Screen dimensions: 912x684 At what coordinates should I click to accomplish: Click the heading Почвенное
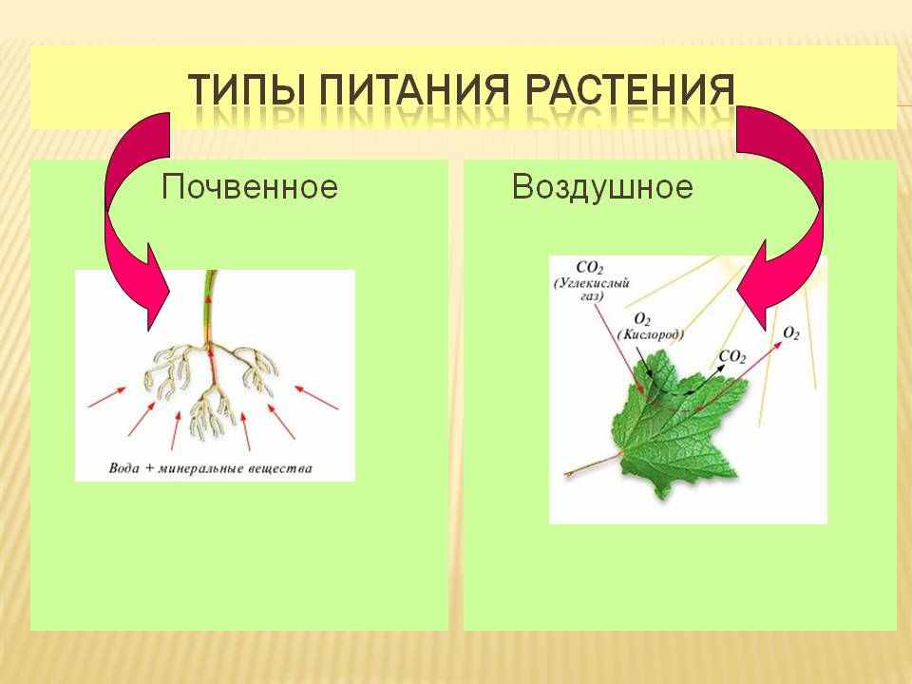click(250, 187)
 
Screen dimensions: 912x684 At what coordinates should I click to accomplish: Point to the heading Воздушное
click(602, 187)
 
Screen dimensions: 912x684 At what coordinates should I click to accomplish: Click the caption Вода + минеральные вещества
click(211, 468)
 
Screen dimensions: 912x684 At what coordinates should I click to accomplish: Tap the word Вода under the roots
click(123, 468)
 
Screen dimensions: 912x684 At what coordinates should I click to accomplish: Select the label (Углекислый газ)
click(592, 290)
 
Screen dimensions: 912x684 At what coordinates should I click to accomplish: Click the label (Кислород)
click(650, 335)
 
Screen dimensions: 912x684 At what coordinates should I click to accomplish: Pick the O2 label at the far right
click(791, 333)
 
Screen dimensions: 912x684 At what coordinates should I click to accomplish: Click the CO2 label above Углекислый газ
click(589, 268)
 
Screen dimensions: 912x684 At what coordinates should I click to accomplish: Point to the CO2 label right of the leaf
click(732, 356)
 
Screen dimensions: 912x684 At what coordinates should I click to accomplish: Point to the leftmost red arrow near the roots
click(106, 397)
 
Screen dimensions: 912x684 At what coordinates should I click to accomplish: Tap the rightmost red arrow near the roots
click(316, 397)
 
